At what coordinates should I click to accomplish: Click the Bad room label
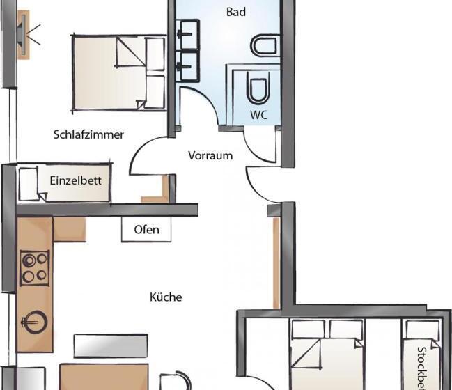[x=237, y=12]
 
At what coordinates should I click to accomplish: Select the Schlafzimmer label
[x=88, y=134]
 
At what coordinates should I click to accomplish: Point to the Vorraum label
[x=210, y=155]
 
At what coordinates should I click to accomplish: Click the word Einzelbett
[x=76, y=180]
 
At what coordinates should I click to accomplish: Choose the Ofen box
[x=146, y=230]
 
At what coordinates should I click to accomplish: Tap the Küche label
[x=166, y=297]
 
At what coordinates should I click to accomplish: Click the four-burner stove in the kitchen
[x=35, y=267]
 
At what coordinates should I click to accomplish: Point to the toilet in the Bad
[x=265, y=46]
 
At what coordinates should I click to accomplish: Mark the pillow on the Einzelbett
[x=28, y=185]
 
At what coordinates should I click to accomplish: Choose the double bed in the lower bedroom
[x=327, y=355]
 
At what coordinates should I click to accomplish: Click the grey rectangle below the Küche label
[x=111, y=345]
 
